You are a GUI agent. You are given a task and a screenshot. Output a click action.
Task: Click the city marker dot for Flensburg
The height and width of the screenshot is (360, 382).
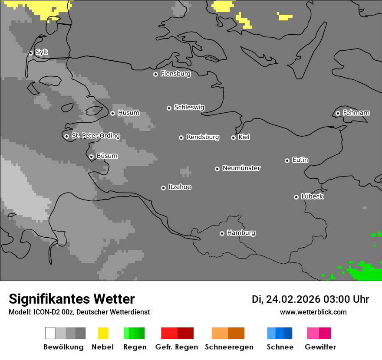(155, 74)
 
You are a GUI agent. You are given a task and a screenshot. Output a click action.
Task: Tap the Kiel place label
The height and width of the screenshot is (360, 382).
(244, 137)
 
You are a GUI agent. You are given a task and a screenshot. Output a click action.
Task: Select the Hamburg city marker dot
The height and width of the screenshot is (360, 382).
(222, 233)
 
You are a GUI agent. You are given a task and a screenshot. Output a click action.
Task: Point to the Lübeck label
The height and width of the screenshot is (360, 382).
(312, 196)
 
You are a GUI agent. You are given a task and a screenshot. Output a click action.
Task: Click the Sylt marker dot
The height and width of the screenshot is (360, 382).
(30, 53)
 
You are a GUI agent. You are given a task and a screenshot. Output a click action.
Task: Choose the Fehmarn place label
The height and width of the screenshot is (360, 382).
(356, 113)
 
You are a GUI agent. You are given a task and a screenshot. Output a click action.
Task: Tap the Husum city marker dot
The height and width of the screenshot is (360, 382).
(112, 113)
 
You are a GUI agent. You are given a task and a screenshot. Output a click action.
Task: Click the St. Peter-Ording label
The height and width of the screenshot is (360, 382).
(95, 136)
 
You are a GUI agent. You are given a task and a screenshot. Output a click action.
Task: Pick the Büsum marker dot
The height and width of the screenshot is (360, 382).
(91, 157)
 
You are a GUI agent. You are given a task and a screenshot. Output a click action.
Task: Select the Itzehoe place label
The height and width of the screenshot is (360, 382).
(180, 187)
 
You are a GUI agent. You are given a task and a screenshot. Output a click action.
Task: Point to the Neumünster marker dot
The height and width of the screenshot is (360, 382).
(217, 169)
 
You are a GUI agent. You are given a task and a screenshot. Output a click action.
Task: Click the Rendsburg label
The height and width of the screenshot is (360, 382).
(203, 137)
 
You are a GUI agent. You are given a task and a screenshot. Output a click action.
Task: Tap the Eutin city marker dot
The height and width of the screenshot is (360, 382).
(287, 160)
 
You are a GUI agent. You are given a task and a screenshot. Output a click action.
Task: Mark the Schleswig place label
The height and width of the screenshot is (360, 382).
(189, 107)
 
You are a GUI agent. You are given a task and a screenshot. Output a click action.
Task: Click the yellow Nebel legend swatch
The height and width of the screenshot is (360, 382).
(103, 333)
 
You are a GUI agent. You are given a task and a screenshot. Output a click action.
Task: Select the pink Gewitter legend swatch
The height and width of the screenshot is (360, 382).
(319, 333)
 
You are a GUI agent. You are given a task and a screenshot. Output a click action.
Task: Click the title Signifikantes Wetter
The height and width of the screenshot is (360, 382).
(72, 299)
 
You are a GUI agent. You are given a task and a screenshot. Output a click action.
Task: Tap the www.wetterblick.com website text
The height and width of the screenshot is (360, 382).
(313, 312)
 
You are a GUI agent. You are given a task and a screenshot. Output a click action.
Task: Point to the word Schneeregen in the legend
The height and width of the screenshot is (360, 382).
(229, 347)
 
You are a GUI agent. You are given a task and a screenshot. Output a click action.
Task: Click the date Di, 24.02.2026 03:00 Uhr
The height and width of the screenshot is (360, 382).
(310, 299)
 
